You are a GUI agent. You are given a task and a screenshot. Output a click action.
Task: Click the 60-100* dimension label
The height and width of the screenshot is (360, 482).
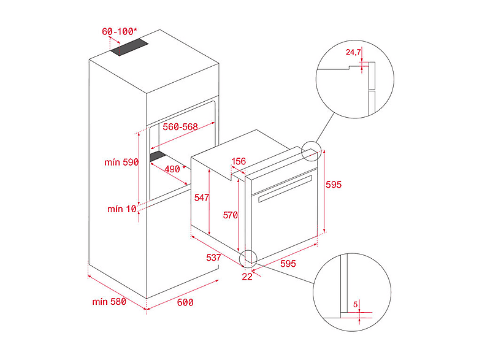[119, 31]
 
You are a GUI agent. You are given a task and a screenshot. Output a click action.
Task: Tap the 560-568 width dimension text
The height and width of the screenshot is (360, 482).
[180, 127]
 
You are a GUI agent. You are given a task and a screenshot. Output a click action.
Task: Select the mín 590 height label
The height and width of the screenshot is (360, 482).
[121, 162]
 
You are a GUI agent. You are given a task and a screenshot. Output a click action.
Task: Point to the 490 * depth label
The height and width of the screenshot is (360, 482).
[175, 169]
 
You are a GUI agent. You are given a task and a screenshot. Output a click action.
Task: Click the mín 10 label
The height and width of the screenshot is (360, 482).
[122, 209]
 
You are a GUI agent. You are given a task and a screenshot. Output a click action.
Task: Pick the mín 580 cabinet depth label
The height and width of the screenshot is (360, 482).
[109, 302]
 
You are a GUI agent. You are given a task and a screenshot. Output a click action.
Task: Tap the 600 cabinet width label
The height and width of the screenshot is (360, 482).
[185, 302]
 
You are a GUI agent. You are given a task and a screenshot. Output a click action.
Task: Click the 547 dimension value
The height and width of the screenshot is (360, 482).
[202, 197]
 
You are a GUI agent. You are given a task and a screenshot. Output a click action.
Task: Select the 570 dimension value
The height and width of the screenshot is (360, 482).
[230, 215]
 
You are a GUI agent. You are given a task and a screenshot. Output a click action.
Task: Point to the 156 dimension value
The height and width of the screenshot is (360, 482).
[239, 161]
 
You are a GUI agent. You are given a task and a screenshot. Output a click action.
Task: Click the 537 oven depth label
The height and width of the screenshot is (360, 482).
[213, 258]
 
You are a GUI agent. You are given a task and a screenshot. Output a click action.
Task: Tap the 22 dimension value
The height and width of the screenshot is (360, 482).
[247, 277]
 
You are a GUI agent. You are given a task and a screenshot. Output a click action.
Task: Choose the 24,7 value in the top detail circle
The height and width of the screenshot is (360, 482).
[353, 52]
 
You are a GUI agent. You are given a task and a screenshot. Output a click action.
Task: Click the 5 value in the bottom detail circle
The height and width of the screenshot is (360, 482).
[355, 304]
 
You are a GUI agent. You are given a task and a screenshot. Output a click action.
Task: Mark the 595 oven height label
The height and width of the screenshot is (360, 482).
[334, 185]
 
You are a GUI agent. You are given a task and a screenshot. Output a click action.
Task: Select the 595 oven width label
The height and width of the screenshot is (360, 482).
[288, 264]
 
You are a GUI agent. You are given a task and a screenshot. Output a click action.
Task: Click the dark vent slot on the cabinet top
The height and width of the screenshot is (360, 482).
[129, 47]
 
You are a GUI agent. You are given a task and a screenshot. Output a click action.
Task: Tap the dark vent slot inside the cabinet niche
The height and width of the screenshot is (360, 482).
[158, 156]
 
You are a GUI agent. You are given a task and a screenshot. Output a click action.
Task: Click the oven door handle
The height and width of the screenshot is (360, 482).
[285, 189]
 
